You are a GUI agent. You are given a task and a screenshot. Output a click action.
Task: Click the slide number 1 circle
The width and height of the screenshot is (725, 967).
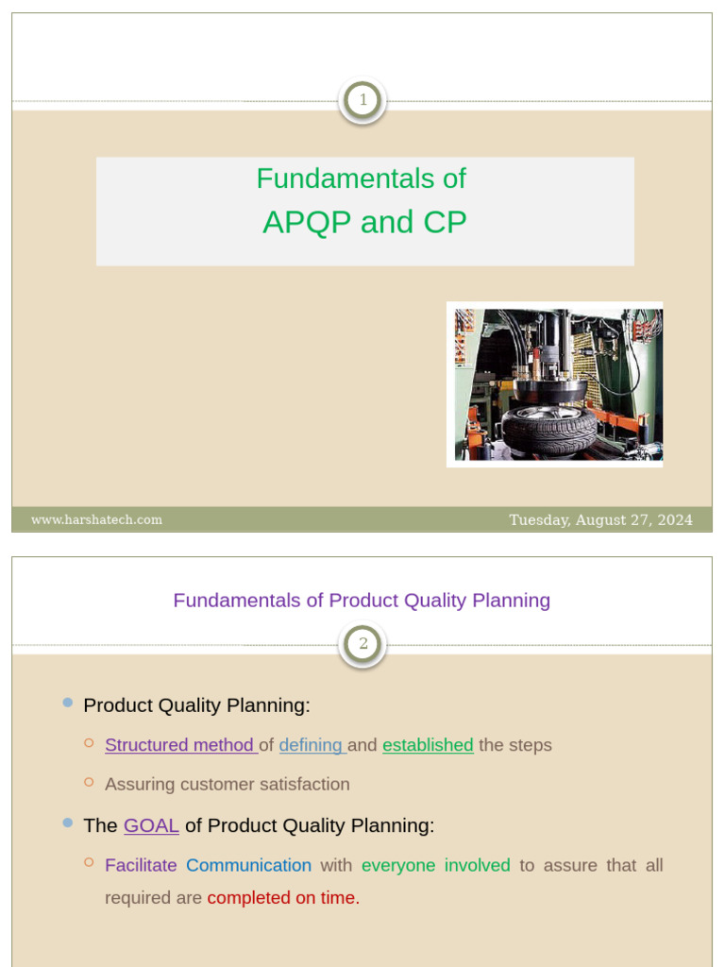click(362, 100)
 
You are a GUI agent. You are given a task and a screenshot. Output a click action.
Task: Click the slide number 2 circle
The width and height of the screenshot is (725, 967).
click(362, 645)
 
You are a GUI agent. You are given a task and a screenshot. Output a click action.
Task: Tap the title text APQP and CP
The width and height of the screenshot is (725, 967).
click(364, 222)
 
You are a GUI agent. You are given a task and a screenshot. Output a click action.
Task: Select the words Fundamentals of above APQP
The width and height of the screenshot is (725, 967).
click(362, 178)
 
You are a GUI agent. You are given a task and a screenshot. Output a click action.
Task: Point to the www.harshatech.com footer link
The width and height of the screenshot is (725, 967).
click(96, 519)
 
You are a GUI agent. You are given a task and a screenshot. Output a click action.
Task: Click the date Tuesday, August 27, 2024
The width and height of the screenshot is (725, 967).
click(600, 519)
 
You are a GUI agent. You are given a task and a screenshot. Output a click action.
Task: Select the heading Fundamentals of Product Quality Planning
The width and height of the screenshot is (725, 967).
click(362, 601)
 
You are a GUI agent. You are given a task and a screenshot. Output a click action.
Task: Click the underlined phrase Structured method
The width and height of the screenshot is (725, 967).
click(179, 745)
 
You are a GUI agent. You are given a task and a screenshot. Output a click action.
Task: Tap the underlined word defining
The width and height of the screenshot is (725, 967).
click(312, 745)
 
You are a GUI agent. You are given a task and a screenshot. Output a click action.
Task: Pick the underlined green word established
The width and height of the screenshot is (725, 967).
click(428, 745)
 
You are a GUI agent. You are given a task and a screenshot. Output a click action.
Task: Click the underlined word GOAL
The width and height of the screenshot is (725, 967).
click(151, 825)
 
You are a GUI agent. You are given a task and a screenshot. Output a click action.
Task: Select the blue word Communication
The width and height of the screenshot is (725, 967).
click(248, 865)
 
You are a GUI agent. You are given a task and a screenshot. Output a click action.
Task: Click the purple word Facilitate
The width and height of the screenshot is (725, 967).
click(141, 865)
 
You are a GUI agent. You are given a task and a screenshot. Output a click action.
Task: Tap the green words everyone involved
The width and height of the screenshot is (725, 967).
click(435, 865)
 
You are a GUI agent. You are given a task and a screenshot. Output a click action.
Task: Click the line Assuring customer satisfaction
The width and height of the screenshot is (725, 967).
click(228, 785)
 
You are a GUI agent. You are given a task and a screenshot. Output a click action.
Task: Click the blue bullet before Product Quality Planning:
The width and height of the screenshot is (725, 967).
click(68, 703)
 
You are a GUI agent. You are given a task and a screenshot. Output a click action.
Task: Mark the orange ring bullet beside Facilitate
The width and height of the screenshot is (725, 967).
click(89, 862)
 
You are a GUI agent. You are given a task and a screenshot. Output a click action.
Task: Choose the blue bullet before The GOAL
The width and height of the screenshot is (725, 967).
click(68, 823)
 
